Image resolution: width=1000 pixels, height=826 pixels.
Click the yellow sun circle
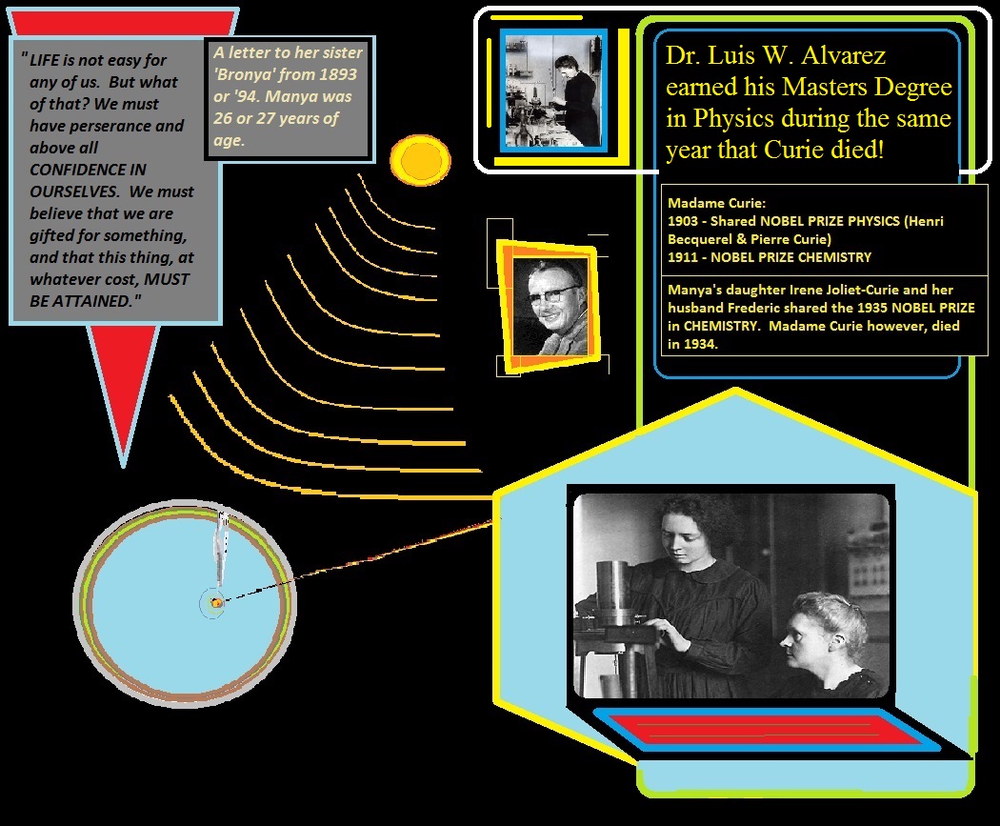tap(420, 160)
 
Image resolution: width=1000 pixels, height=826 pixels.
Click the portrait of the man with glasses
tap(550, 308)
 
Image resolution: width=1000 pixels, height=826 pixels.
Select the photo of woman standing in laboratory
tap(553, 91)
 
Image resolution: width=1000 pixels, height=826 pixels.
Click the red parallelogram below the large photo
tap(766, 729)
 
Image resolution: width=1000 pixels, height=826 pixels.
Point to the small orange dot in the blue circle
tap(217, 602)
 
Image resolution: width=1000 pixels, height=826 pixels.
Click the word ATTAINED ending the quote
tap(95, 301)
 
